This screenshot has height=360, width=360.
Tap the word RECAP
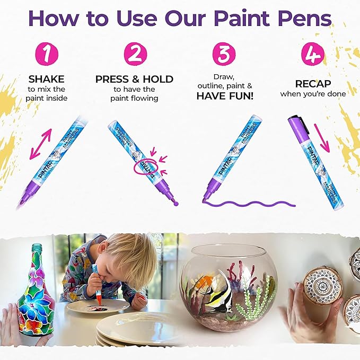point(312,84)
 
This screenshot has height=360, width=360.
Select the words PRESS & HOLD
point(134,79)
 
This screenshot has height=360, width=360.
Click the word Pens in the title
point(305,19)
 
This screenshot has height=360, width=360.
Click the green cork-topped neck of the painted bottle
point(38,254)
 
